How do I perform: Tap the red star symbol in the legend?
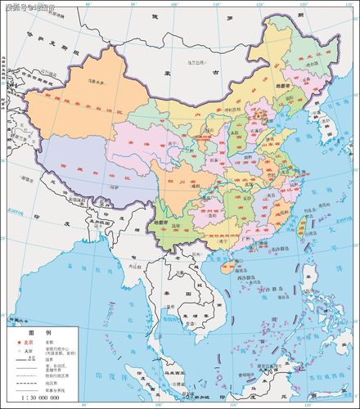click(x=17, y=343)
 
